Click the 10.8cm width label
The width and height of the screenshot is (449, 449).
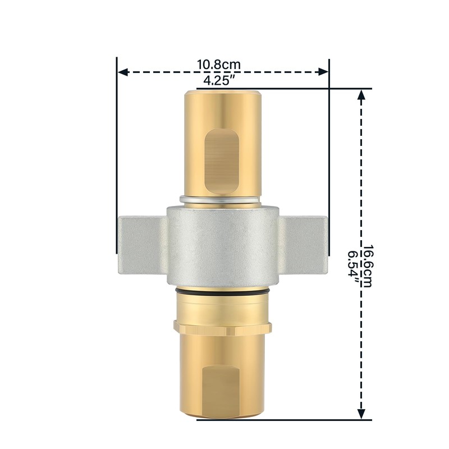coord(219,64)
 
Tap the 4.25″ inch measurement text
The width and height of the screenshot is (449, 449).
coord(219,81)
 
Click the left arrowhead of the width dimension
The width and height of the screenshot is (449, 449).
coord(122,72)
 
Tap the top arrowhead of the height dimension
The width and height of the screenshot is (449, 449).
coord(362,97)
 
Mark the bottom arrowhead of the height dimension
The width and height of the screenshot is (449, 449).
coord(362,413)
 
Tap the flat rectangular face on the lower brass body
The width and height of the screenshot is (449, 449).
coord(222,390)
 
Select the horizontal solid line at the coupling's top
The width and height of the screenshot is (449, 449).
coord(281,89)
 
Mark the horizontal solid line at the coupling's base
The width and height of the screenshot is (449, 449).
coord(281,419)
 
